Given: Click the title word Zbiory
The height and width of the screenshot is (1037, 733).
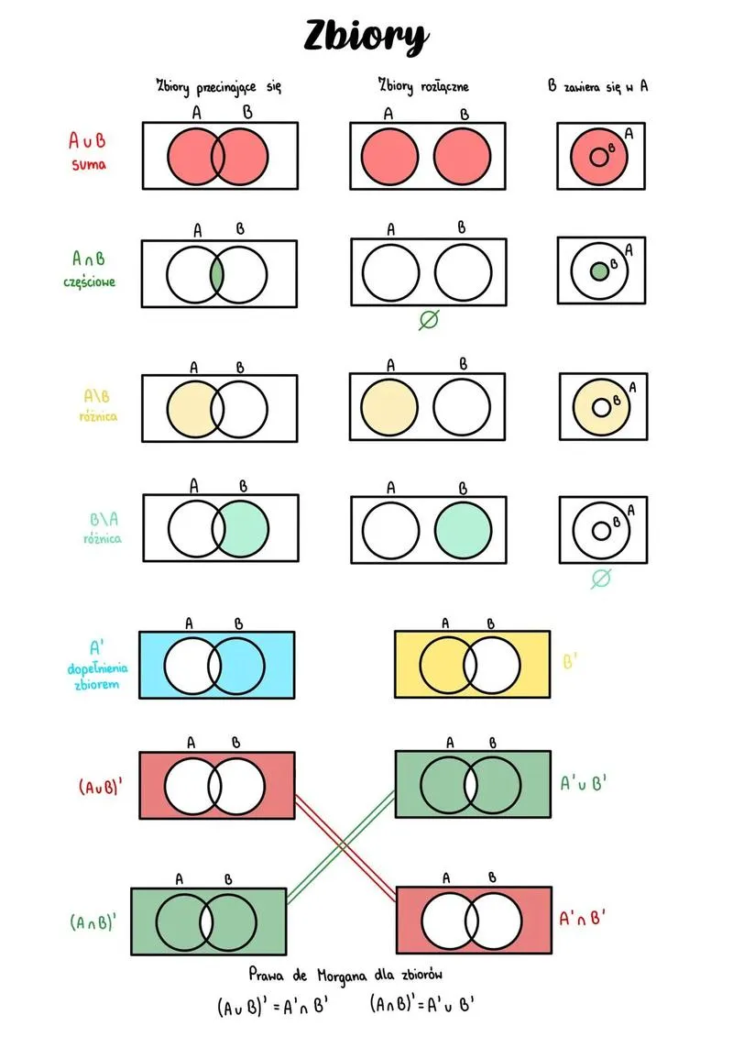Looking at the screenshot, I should pos(365,37).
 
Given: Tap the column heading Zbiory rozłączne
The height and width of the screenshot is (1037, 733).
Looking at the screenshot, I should pos(423,86).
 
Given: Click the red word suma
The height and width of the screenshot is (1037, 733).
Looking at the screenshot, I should pos(89,165).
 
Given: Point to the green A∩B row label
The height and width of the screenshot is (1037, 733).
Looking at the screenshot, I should pos(89,259).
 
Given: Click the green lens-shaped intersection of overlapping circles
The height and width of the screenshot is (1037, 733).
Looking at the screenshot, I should pos(216,274).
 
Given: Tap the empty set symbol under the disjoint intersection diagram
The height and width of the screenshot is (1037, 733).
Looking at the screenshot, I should pos(428,321).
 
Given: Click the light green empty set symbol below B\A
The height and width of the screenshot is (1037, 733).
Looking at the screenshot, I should pos(601,578).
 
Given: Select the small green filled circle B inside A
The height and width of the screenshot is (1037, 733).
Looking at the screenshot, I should pos(599,271).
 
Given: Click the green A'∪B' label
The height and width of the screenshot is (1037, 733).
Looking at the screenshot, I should pos(584,784).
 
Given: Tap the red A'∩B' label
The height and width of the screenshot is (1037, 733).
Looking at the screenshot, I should pos(583,918).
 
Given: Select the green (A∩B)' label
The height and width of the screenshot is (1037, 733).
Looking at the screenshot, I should pos(93,922).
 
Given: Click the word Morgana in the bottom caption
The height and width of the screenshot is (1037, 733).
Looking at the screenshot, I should pos(343,972).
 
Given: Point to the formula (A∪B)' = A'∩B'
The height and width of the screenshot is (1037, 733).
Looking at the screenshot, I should pos(272,1006).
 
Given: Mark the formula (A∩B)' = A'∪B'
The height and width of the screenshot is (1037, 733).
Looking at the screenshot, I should pos(421,1004).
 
